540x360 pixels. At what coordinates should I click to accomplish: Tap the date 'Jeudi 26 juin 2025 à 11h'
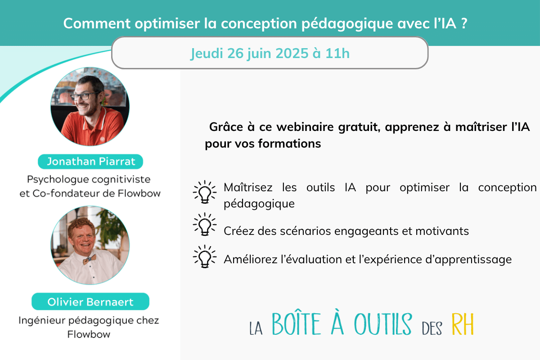tap(270, 54)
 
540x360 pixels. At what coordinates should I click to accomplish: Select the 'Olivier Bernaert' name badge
tap(90, 301)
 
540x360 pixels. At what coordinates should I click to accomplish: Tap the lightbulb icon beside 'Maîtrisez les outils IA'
tap(204, 191)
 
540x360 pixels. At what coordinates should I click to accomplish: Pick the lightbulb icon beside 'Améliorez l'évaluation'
tap(204, 256)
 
